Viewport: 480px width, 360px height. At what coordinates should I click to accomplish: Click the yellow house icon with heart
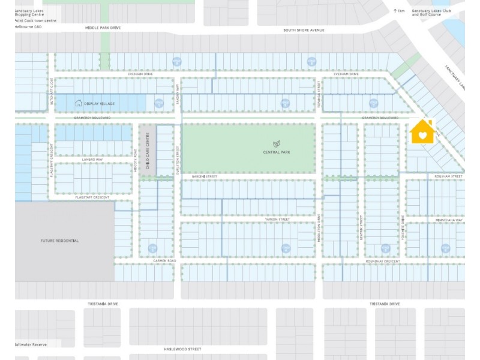point(422,133)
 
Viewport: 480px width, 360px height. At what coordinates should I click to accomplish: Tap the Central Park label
point(277,152)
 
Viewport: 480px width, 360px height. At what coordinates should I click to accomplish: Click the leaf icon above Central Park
point(277,144)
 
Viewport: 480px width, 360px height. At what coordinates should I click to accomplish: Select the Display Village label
point(100,104)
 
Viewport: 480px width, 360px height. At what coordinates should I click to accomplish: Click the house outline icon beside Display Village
point(78,103)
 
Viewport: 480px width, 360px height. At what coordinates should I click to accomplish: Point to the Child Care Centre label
point(147,150)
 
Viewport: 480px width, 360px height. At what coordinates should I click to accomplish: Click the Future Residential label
point(59,241)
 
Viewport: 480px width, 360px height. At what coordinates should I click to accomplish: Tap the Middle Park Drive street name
point(103,28)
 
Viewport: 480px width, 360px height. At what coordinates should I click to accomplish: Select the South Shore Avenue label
point(304,29)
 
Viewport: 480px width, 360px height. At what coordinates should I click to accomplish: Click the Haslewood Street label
point(182,349)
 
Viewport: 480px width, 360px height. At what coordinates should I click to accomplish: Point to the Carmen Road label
point(164,261)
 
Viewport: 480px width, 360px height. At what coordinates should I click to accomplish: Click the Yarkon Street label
point(277,220)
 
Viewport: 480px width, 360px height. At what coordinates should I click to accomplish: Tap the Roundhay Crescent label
point(383,261)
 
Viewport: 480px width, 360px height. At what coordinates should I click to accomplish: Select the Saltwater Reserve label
point(31,344)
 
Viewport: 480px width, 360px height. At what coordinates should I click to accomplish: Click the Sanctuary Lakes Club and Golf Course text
point(431,12)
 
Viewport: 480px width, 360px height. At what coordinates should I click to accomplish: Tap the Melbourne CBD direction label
point(29,27)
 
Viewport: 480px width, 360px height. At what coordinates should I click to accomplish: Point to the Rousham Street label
point(449,176)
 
